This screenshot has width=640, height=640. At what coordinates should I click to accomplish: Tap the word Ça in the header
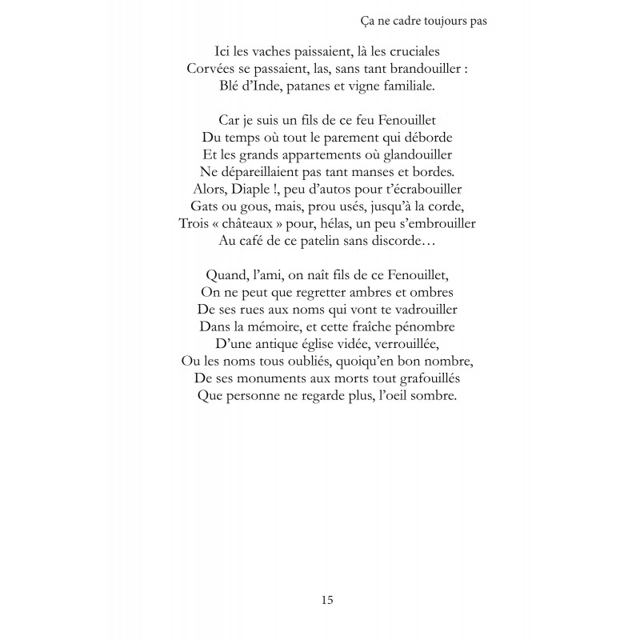[360, 22]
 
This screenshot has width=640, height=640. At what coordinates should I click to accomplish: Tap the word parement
[346, 136]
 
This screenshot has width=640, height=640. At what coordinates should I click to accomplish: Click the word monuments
[278, 379]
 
